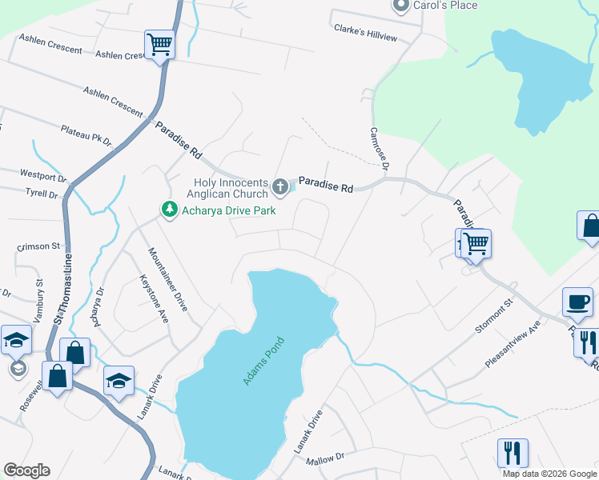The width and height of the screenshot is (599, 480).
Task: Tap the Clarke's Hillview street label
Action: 365,33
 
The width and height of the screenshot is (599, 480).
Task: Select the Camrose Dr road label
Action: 378,149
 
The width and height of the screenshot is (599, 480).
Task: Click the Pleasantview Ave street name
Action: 513,345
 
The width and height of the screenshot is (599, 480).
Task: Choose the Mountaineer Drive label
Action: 168,278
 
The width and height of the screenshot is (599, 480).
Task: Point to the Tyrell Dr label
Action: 42,194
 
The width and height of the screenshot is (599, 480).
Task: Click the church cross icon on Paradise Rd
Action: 279,187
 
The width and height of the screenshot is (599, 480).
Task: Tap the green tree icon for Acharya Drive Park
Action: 169,210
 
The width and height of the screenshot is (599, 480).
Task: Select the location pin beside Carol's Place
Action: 400,6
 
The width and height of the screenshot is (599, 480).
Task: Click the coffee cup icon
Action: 577,302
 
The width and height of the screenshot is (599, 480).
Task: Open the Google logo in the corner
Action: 26,470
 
